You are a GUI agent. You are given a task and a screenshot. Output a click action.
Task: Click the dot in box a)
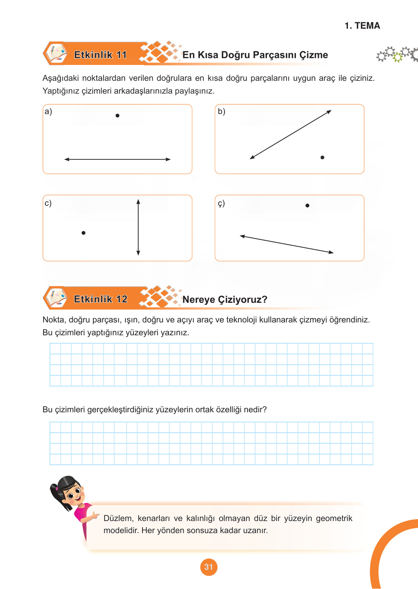tap(118, 116)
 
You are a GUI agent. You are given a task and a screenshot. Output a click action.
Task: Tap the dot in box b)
tap(322, 157)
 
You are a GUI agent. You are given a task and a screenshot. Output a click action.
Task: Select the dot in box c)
tap(84, 233)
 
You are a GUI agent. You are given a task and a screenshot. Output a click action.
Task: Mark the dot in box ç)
tap(308, 205)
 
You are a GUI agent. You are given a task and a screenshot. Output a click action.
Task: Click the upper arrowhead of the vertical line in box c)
tap(138, 202)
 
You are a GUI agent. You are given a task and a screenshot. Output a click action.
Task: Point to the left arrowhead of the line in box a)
tap(67, 159)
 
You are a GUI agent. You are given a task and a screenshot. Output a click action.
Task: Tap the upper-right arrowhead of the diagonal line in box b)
tap(329, 112)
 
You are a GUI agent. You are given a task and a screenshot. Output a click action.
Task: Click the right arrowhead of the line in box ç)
tap(331, 252)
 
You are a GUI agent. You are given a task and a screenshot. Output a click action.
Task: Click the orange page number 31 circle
tap(209, 567)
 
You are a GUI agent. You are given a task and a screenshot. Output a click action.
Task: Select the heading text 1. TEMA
tap(362, 26)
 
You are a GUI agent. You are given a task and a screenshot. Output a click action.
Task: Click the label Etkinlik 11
tap(101, 55)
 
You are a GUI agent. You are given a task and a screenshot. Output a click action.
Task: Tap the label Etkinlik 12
tap(101, 299)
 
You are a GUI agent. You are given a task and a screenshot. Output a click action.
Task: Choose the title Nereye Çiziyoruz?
tap(225, 300)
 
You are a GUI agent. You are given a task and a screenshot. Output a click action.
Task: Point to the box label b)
tap(221, 111)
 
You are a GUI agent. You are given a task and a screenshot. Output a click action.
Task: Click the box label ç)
tap(221, 203)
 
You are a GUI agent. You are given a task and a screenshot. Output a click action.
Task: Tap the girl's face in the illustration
tap(73, 493)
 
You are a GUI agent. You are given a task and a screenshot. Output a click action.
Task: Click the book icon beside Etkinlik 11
tap(56, 54)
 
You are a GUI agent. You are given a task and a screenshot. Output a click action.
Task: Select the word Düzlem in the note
tap(118, 518)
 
